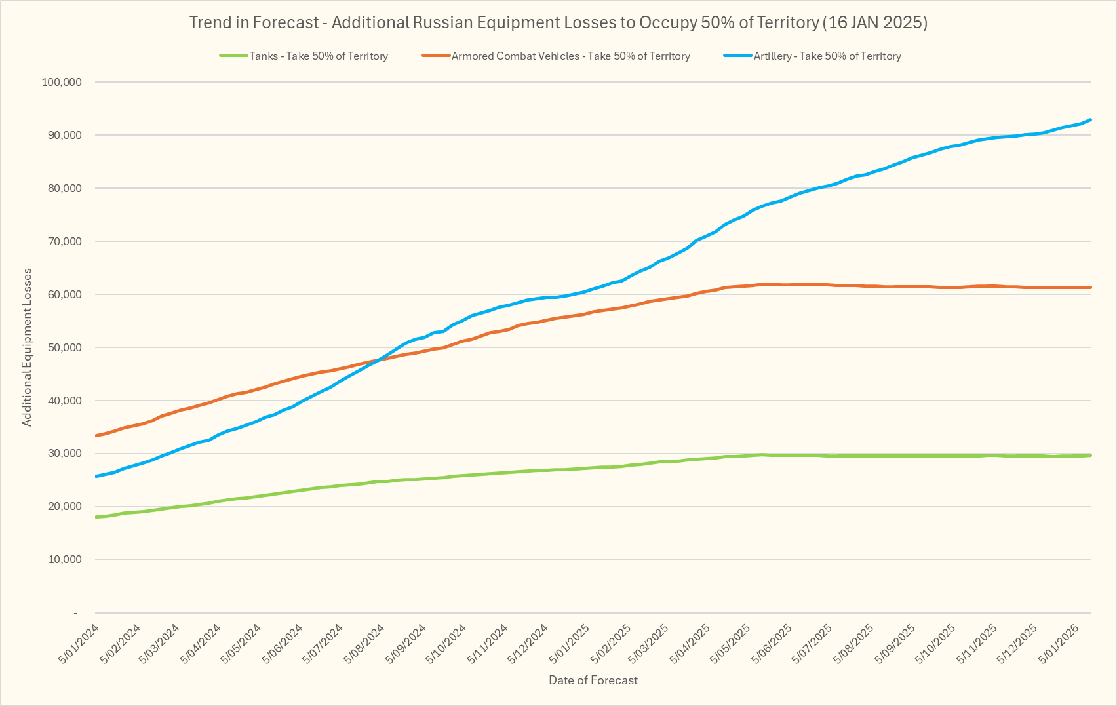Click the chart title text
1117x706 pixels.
point(558,22)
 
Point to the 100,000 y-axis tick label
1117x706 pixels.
point(62,82)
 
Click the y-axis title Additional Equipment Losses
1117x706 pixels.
point(27,347)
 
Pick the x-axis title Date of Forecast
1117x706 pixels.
point(593,680)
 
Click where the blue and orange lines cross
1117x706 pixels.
point(378,359)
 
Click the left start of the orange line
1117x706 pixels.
point(97,435)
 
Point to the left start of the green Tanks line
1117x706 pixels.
point(97,517)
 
